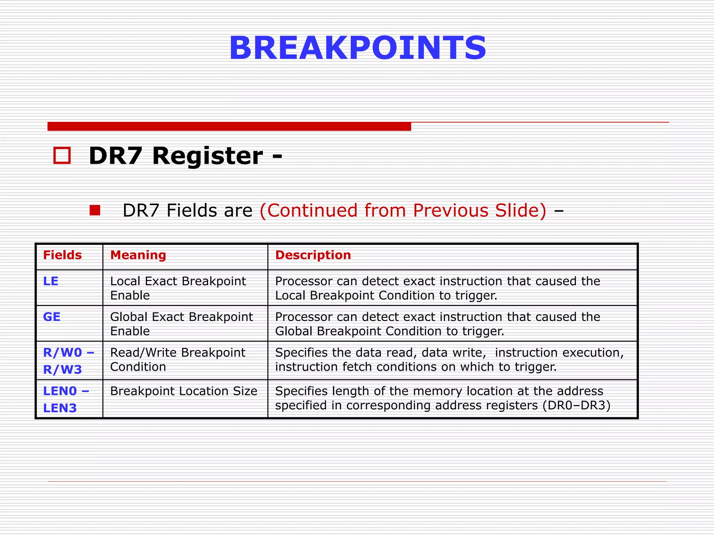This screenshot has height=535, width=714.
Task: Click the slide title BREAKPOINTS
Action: (357, 48)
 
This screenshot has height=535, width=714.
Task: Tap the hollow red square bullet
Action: (62, 155)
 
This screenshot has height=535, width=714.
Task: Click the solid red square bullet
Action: (95, 210)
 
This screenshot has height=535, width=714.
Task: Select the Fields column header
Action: (62, 255)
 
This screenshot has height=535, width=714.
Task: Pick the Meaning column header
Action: (138, 255)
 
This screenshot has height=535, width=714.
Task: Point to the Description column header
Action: (313, 255)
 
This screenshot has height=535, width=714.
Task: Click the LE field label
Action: (51, 281)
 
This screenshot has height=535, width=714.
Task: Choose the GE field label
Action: (52, 317)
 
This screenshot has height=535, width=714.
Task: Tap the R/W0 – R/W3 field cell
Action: (68, 360)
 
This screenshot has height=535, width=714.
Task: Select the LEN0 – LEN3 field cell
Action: (66, 399)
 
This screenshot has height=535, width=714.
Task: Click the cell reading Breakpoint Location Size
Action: (184, 391)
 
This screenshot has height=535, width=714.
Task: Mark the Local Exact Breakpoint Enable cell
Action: (178, 288)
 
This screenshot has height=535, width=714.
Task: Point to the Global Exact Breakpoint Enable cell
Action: (181, 324)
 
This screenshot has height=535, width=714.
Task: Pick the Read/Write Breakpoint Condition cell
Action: (177, 359)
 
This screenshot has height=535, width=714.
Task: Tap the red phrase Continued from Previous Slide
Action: (403, 210)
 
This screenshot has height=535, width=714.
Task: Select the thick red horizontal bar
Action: (229, 126)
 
